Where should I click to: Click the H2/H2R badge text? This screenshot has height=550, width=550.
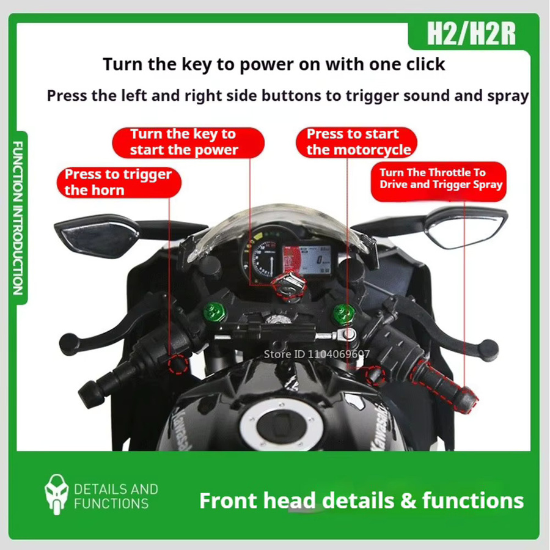click(471, 34)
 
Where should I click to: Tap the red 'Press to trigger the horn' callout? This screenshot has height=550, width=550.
click(119, 182)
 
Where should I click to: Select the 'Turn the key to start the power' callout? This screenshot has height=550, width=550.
click(188, 142)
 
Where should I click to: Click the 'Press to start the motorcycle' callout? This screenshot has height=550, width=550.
click(356, 142)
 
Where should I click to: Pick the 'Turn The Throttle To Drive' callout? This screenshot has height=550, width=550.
click(438, 182)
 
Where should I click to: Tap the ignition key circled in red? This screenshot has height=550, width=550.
click(289, 287)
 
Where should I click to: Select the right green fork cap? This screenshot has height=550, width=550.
click(343, 313)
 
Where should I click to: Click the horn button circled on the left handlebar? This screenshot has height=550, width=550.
click(177, 364)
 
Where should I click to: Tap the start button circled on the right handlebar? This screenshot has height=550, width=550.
click(375, 375)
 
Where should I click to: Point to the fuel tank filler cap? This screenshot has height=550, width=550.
click(281, 423)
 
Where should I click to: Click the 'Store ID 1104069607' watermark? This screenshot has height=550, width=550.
click(317, 354)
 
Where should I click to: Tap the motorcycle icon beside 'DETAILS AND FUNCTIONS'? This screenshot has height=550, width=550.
click(56, 494)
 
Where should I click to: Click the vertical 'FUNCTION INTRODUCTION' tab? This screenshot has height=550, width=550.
click(18, 218)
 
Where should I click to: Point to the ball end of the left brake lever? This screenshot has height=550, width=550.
click(69, 344)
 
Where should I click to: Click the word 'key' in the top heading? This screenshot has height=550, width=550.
click(196, 65)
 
